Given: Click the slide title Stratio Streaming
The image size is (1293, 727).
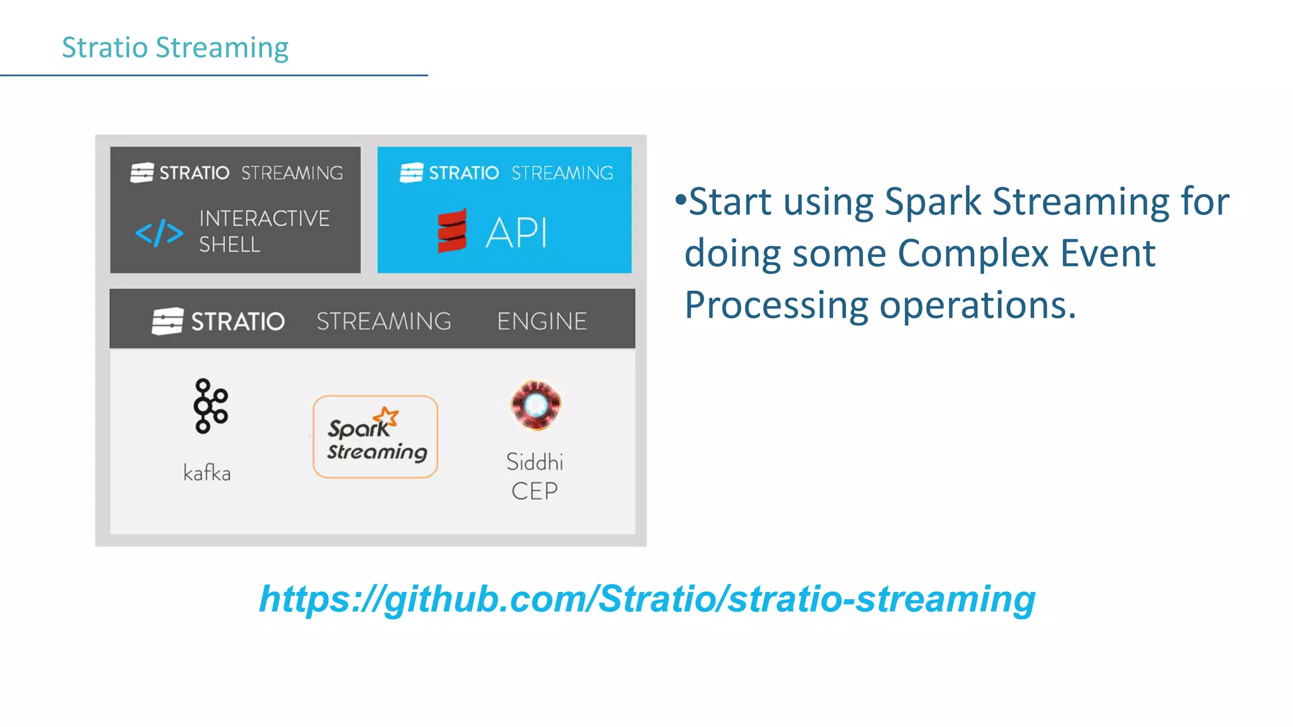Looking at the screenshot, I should (x=175, y=48).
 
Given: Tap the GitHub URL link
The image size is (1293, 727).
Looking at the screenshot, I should (x=647, y=598).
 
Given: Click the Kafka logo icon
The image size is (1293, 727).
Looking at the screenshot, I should (x=210, y=406).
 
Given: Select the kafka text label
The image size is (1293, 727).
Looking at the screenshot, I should (x=207, y=473).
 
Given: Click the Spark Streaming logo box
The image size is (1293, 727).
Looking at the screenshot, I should (x=375, y=437).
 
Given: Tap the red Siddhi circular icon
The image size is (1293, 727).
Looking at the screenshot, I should (x=535, y=405).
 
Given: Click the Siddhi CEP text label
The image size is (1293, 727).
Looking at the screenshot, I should (x=535, y=476).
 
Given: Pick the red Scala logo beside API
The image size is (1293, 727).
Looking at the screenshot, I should (x=452, y=231).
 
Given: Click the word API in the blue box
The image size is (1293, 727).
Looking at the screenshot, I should (x=516, y=233).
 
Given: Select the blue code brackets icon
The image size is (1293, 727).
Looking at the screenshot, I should (x=159, y=233).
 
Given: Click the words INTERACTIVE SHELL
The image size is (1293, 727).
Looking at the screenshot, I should (x=264, y=231).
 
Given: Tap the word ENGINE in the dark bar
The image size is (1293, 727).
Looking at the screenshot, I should (x=542, y=321).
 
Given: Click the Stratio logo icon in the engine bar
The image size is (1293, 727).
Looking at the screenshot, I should (x=167, y=321).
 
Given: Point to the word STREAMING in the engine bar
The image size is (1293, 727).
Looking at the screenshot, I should (x=384, y=321).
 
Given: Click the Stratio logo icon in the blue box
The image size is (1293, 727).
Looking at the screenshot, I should (x=412, y=172).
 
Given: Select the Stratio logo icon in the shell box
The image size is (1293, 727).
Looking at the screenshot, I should (x=142, y=172).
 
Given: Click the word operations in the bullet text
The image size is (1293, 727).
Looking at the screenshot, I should (x=977, y=305).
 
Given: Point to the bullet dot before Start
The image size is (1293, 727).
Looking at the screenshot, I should (x=680, y=200).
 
